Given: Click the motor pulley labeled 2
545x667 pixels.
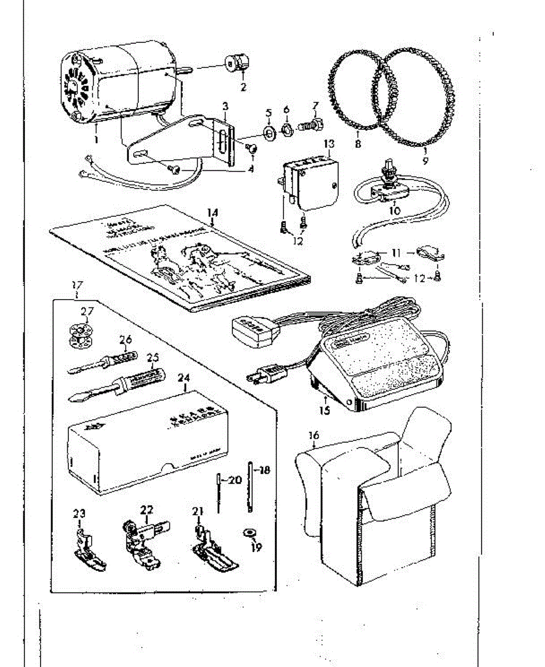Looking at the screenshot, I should pyautogui.click(x=236, y=64).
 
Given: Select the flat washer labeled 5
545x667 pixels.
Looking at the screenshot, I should pyautogui.click(x=268, y=132).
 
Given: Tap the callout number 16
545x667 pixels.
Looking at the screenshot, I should pyautogui.click(x=314, y=436).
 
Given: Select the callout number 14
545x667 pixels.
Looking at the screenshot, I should pyautogui.click(x=213, y=212).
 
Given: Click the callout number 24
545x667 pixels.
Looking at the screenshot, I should pyautogui.click(x=184, y=377).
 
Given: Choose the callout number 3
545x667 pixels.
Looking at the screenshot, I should pyautogui.click(x=225, y=105).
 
